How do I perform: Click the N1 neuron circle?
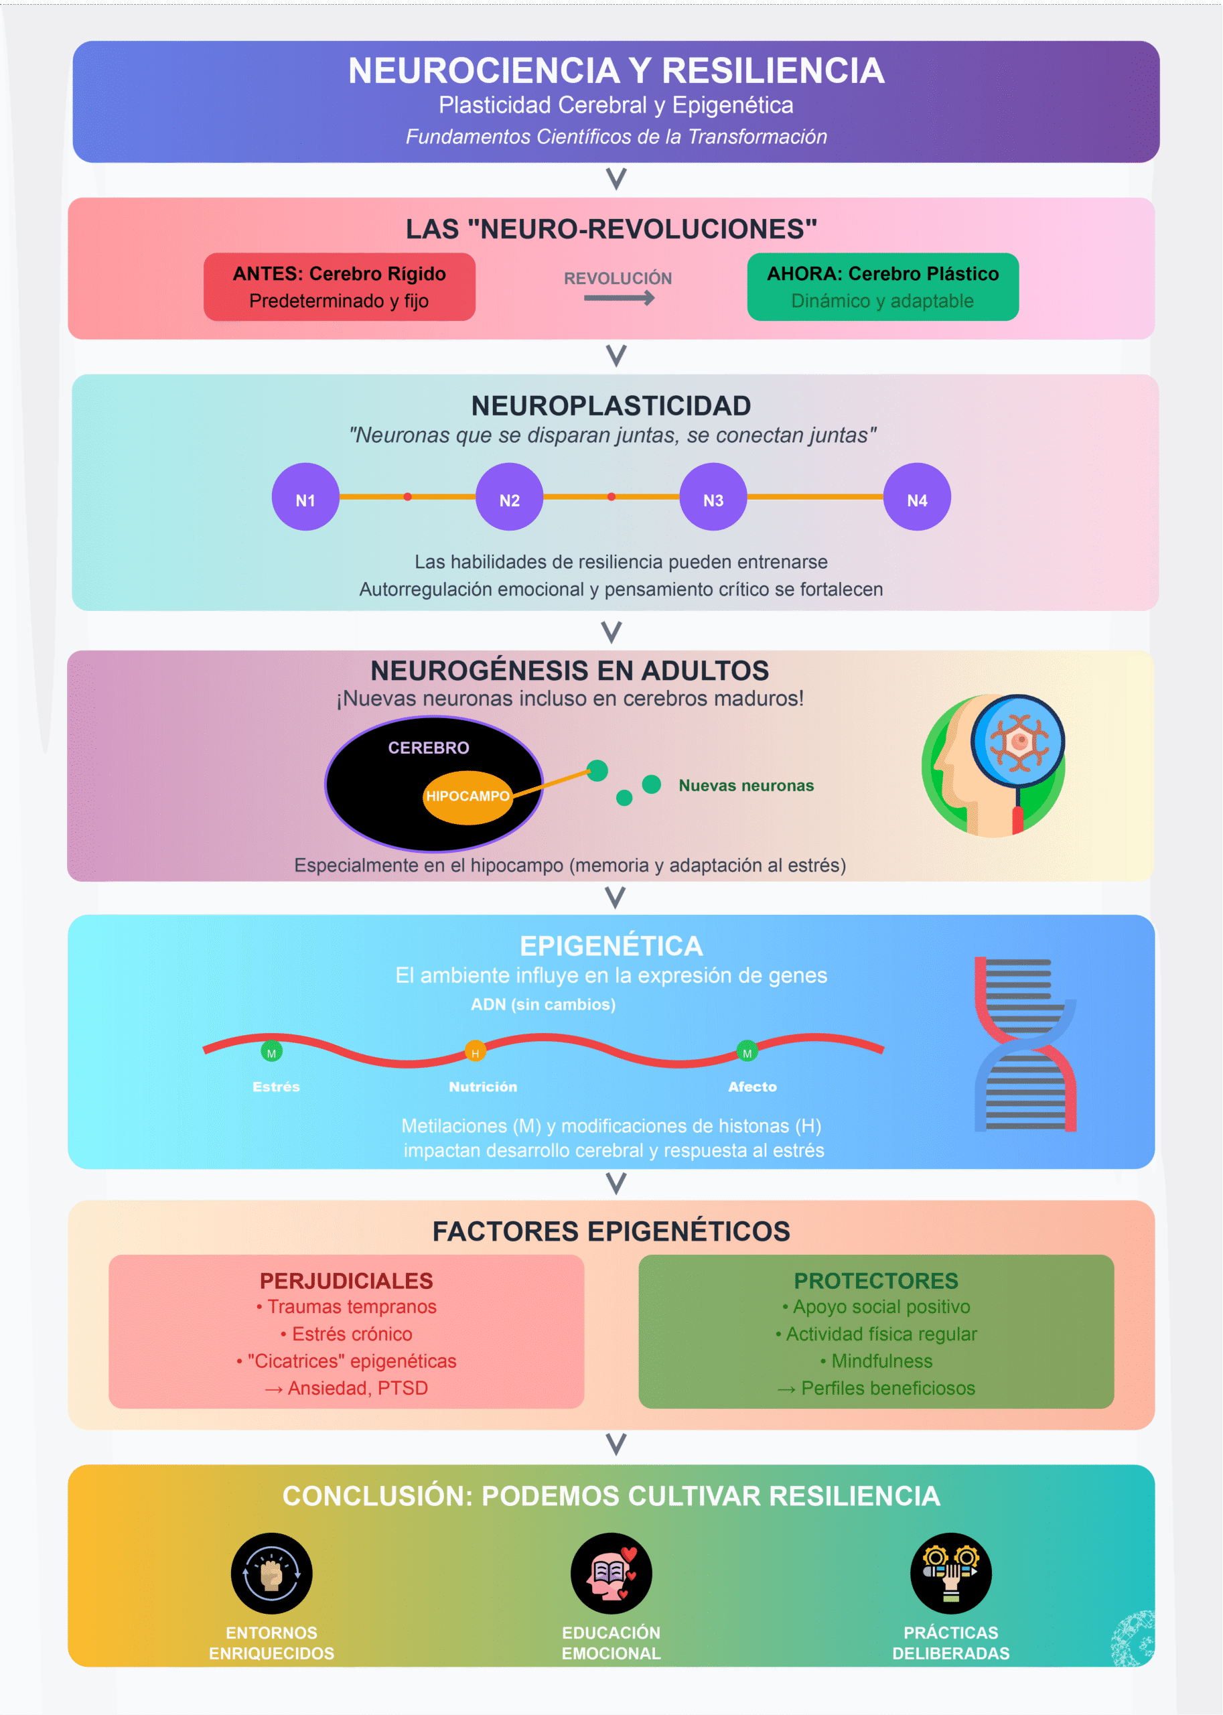pos(305,497)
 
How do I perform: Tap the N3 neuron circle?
pos(713,497)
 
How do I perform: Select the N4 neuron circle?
pos(916,497)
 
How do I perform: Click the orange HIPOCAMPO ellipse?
pos(467,796)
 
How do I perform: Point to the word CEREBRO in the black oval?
pos(429,747)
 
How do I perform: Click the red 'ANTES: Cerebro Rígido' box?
pos(339,287)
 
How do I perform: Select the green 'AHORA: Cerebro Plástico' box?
pos(883,287)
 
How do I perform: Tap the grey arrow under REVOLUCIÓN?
pos(618,298)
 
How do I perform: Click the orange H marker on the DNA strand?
pos(475,1052)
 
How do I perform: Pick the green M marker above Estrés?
pos(271,1052)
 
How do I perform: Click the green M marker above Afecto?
pos(747,1052)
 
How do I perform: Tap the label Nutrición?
pos(483,1086)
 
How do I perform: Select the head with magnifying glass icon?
pos(994,765)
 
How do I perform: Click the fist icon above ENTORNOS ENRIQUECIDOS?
pos(271,1573)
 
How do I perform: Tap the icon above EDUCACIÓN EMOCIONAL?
pos(611,1573)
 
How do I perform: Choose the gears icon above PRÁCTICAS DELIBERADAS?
pos(950,1573)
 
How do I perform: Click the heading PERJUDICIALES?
pos(346,1280)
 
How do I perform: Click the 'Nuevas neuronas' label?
pos(745,786)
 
